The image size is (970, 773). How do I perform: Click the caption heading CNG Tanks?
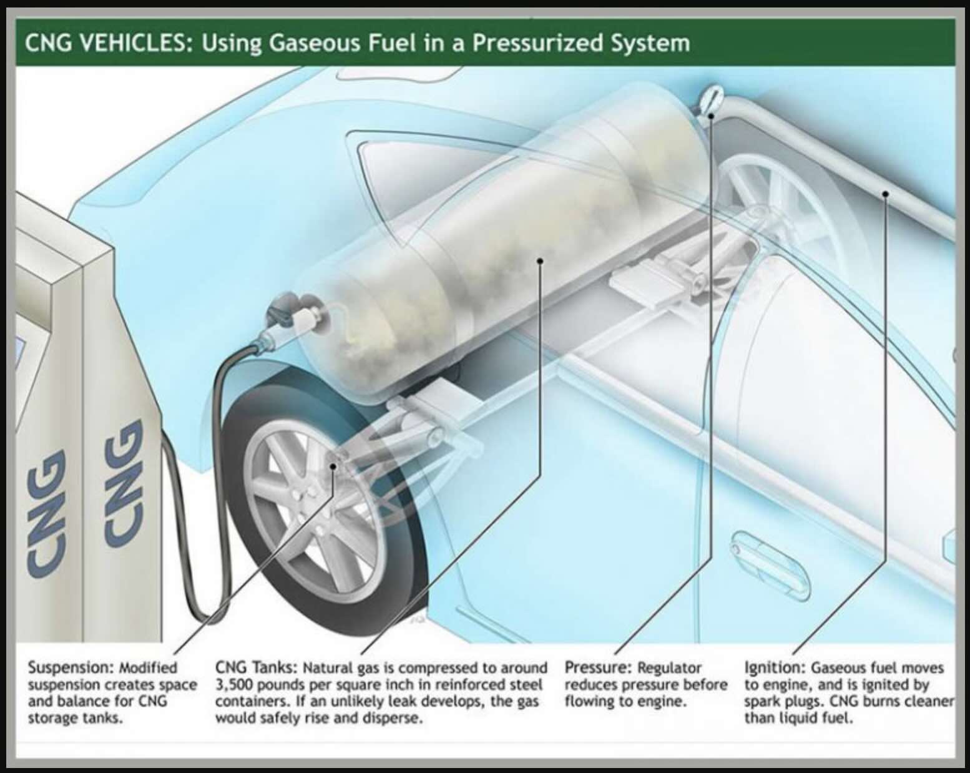[x=255, y=668]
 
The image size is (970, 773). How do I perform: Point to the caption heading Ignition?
[x=773, y=668]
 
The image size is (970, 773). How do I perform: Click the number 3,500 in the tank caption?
[x=232, y=685]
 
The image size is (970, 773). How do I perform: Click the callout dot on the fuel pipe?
[x=884, y=194]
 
